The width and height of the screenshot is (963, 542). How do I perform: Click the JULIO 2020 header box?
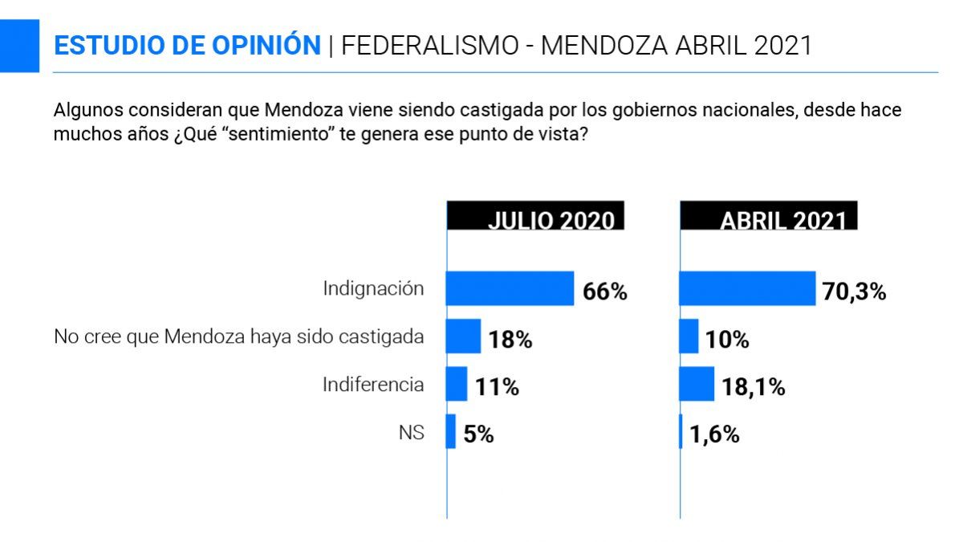click(x=535, y=217)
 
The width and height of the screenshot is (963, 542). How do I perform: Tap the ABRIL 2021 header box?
click(x=769, y=217)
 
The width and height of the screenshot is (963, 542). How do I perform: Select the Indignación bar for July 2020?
click(x=510, y=288)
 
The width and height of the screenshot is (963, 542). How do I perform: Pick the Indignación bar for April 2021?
click(x=747, y=288)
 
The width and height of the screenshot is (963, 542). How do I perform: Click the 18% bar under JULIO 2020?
click(x=463, y=336)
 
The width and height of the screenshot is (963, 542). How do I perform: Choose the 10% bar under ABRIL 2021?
click(x=689, y=336)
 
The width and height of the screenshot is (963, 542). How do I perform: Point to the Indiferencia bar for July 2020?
click(x=457, y=384)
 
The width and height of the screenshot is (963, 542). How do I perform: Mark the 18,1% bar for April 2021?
click(x=697, y=384)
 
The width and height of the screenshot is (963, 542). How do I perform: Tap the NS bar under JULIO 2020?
click(x=451, y=431)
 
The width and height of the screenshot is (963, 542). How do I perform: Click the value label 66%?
click(x=604, y=292)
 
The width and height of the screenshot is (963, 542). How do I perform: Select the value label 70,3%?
click(x=854, y=292)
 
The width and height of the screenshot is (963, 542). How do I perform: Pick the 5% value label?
click(x=477, y=435)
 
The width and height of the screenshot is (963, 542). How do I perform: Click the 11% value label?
click(x=496, y=388)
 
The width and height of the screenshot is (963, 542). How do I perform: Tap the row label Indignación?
click(x=373, y=288)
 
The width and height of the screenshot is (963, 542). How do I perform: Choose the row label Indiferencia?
click(x=373, y=384)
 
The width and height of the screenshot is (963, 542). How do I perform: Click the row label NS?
click(x=411, y=432)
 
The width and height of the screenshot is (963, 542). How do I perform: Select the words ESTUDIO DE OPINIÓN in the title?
click(x=187, y=45)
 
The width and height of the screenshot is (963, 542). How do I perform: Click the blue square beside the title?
click(x=19, y=45)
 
